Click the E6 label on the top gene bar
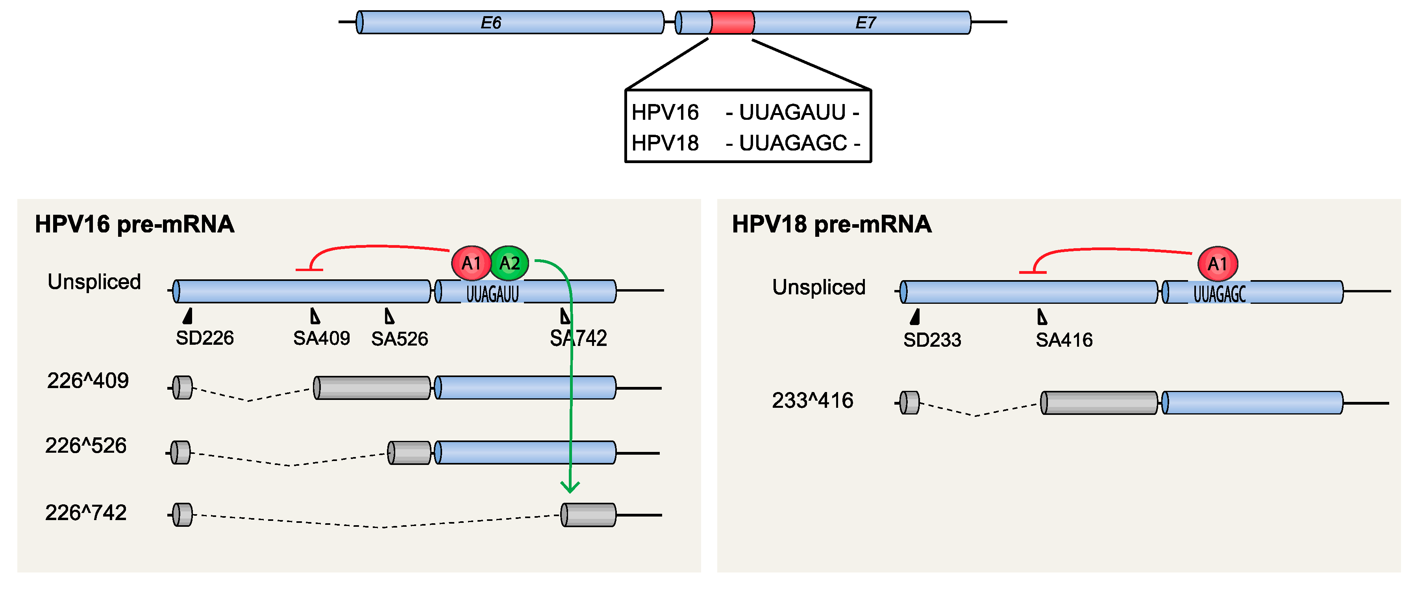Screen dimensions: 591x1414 tap(491, 22)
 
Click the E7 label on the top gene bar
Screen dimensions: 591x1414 tap(865, 22)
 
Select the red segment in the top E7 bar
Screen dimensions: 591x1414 tap(732, 22)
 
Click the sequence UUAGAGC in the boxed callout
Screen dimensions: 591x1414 tap(793, 143)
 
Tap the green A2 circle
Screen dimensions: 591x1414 tap(509, 263)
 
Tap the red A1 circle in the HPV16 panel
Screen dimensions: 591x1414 tap(471, 263)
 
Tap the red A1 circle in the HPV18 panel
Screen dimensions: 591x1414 tap(1217, 264)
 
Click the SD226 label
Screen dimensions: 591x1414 tap(204, 338)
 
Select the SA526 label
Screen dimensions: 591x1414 tap(399, 339)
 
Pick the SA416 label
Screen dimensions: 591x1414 tap(1063, 340)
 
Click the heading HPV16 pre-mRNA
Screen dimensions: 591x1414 tap(135, 224)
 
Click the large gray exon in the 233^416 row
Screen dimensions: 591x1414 tap(1099, 403)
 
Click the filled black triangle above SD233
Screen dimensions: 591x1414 tap(914, 317)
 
